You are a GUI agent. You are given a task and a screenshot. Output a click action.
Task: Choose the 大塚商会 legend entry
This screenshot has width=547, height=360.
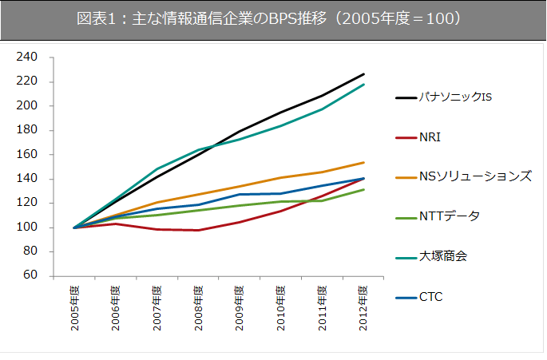[443, 257]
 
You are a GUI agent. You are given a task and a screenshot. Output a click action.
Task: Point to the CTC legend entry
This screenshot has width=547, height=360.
[430, 297]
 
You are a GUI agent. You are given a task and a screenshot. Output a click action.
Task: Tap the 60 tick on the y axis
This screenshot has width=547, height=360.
[30, 276]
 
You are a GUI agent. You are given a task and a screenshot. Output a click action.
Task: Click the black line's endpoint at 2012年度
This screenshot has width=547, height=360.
[364, 74]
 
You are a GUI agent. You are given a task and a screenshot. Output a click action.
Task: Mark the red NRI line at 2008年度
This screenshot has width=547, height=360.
[199, 230]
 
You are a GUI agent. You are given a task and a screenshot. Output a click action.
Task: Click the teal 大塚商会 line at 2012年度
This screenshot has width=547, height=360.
[364, 85]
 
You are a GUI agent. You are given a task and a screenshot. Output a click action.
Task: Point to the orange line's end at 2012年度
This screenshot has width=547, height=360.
[364, 163]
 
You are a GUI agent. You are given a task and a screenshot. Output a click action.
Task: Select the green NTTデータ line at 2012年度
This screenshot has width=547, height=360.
[364, 190]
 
